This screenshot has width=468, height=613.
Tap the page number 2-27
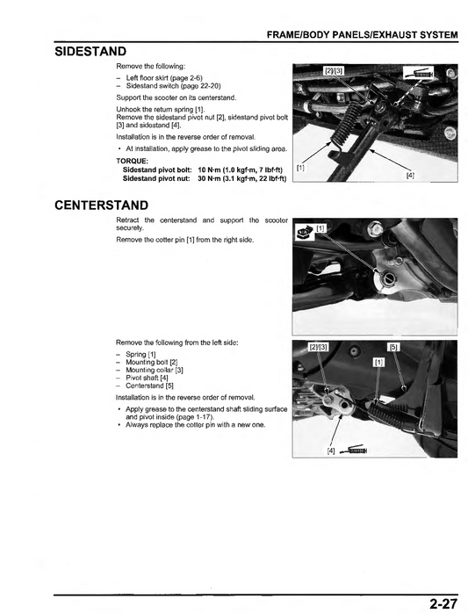point(445,602)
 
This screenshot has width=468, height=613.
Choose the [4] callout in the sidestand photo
point(410,175)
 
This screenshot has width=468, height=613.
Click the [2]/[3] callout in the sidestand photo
point(334,70)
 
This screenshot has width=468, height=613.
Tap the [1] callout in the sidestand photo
point(300,166)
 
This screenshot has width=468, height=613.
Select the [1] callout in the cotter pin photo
point(320,228)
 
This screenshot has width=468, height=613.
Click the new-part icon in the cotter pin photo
point(303,233)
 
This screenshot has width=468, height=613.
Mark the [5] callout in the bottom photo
point(393,347)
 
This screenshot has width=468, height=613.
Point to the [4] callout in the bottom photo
point(331,451)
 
